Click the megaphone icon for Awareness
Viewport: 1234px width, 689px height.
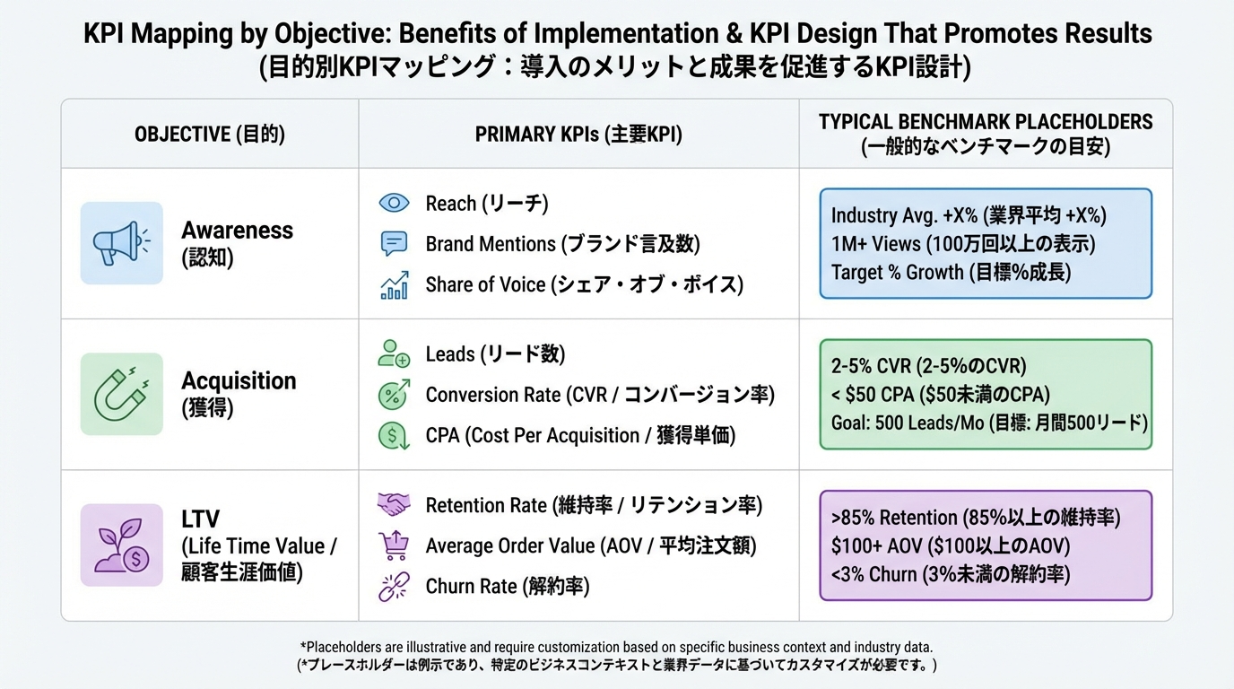point(121,243)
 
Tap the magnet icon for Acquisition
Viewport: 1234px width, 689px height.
point(121,394)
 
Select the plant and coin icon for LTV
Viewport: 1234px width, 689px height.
point(121,545)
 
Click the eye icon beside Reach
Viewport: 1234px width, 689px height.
point(394,203)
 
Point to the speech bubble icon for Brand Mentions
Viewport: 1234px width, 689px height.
point(394,243)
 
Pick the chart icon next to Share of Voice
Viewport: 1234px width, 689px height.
point(394,284)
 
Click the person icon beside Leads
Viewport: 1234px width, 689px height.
point(394,353)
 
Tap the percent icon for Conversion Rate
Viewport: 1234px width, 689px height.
point(394,394)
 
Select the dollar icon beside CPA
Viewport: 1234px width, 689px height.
point(394,435)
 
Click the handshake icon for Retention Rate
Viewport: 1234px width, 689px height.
point(394,504)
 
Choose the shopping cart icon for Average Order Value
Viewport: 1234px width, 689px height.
point(394,545)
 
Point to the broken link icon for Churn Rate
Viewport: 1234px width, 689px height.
point(394,586)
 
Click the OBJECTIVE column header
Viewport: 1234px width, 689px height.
point(210,135)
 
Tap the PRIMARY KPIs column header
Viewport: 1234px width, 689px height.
point(578,135)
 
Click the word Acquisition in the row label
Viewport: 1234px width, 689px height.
point(239,380)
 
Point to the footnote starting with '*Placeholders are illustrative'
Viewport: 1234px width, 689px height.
point(617,647)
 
